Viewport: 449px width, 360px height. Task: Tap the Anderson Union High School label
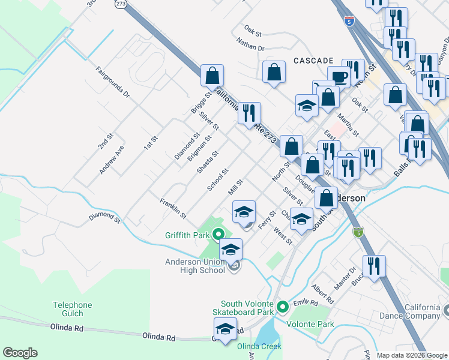click(195, 266)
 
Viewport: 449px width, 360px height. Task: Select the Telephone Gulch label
click(72, 309)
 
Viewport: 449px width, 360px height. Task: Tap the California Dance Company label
click(414, 311)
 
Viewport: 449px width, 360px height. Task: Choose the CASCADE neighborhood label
click(313, 61)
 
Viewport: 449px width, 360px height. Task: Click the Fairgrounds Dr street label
click(113, 82)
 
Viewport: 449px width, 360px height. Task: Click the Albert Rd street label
click(322, 294)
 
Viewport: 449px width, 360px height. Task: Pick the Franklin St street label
click(173, 208)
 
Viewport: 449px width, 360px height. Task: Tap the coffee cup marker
click(341, 78)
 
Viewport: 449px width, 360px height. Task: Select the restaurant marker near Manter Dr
click(374, 266)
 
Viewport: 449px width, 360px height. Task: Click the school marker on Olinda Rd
click(225, 329)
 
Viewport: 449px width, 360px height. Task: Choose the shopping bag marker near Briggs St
click(212, 76)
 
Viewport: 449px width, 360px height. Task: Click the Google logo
click(20, 353)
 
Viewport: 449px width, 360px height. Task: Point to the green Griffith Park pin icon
click(219, 235)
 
